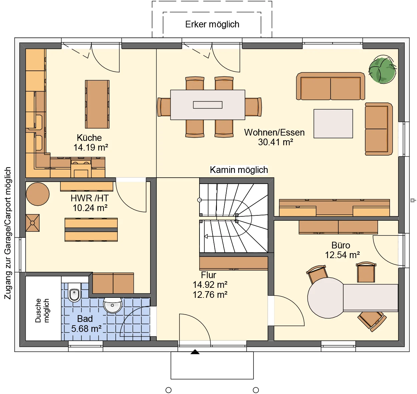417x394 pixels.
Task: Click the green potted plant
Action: (382, 69)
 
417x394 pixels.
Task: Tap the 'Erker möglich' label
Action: (212, 24)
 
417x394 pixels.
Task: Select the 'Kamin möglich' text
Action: (239, 170)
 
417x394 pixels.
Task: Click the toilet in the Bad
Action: (74, 292)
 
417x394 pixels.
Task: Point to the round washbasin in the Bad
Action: (112, 305)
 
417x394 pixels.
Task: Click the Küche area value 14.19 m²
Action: (90, 147)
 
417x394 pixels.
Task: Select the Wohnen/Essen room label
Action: (274, 133)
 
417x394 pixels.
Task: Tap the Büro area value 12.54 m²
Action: (342, 255)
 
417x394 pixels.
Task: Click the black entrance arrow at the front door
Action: (195, 352)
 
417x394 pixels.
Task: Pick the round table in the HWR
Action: (38, 194)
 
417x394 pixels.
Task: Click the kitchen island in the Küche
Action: (97, 104)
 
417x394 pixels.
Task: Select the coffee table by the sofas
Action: (333, 124)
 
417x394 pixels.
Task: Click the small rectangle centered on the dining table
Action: (207, 105)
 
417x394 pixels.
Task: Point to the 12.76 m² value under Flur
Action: (210, 295)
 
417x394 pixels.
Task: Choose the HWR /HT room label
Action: (90, 198)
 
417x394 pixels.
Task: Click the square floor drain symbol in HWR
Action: (33, 223)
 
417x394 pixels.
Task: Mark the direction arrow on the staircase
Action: (206, 236)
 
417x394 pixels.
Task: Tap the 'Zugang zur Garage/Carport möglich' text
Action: (8, 233)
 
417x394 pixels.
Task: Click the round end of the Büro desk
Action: (326, 298)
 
